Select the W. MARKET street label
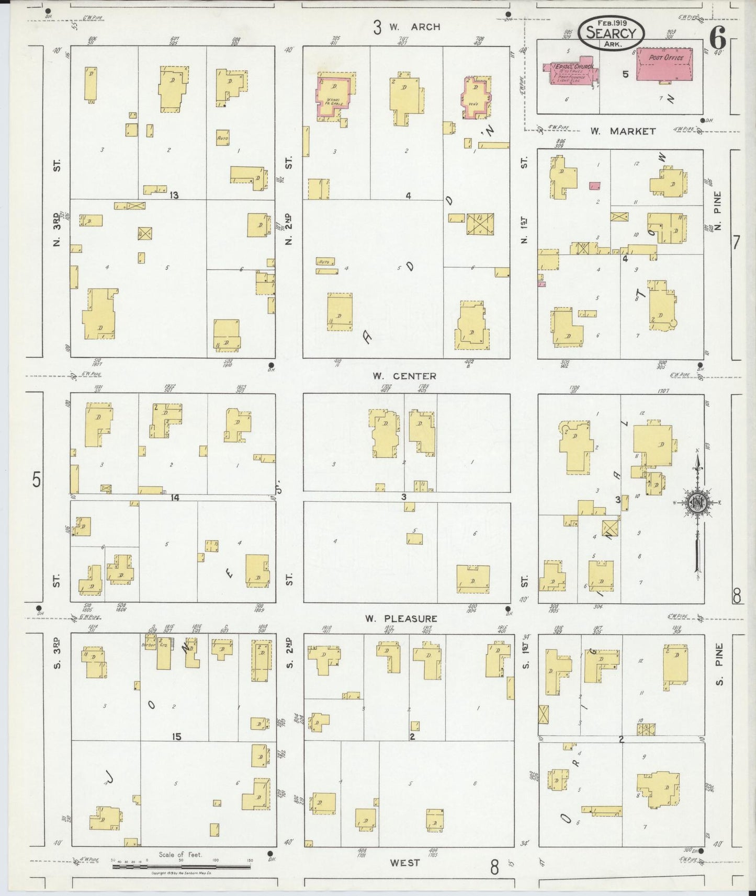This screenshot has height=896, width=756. click(623, 131)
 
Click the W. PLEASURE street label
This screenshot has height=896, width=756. click(401, 618)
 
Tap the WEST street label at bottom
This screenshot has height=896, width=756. click(404, 863)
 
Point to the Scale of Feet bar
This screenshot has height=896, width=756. click(182, 866)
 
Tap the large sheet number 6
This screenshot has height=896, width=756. click(717, 37)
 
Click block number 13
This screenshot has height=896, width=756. click(174, 196)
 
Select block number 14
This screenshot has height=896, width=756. click(174, 498)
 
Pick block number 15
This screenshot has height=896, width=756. click(176, 737)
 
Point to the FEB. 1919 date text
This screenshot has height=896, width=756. click(611, 22)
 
